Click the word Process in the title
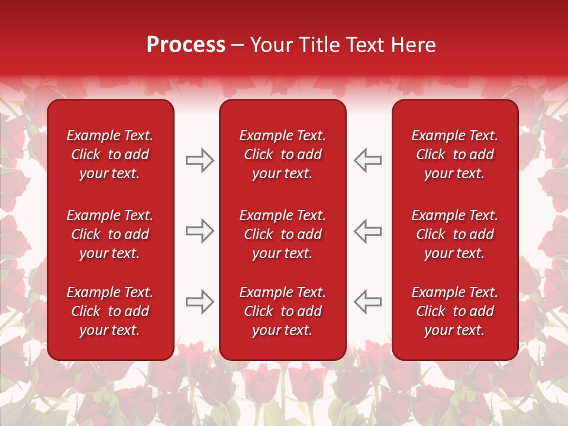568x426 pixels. click(x=186, y=45)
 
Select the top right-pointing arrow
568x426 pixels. click(x=199, y=160)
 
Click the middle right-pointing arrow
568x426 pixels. click(x=199, y=231)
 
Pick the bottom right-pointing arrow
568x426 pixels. click(x=199, y=302)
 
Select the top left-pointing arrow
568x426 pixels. click(x=368, y=160)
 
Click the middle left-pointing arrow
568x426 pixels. click(x=368, y=231)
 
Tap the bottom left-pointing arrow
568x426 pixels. click(x=368, y=302)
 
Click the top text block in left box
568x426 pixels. click(x=110, y=154)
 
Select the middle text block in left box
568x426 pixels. click(x=110, y=234)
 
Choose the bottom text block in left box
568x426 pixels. click(x=110, y=311)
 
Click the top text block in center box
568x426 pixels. click(x=283, y=154)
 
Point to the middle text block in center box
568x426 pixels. click(x=283, y=234)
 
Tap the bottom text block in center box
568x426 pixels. click(x=283, y=311)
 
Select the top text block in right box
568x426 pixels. click(x=455, y=154)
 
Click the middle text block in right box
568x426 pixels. click(x=455, y=234)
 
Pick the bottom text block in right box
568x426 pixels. click(x=455, y=311)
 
